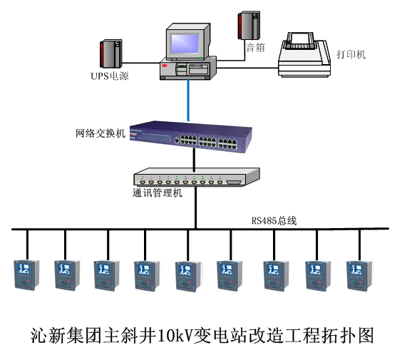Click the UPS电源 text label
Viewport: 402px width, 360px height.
[110, 76]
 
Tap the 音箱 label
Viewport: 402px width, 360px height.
[255, 48]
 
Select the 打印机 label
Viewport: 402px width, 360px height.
[351, 54]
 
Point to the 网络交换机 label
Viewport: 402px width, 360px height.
[100, 133]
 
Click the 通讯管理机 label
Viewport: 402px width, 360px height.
[157, 192]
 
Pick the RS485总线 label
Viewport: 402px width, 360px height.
[274, 220]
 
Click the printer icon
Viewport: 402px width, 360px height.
[304, 54]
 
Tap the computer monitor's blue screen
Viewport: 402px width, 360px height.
[185, 43]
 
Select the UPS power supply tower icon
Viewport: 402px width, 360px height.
[110, 53]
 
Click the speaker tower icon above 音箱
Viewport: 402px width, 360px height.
[249, 26]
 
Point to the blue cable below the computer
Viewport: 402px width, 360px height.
[188, 100]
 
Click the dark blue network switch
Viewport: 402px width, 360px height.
[190, 137]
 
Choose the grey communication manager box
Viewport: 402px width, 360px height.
[197, 177]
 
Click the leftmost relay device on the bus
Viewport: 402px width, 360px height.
[26, 275]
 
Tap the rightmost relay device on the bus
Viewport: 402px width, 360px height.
[359, 276]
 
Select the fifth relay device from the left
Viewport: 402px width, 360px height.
[188, 277]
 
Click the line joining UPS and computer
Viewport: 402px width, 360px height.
[141, 63]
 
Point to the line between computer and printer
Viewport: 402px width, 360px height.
[247, 68]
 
